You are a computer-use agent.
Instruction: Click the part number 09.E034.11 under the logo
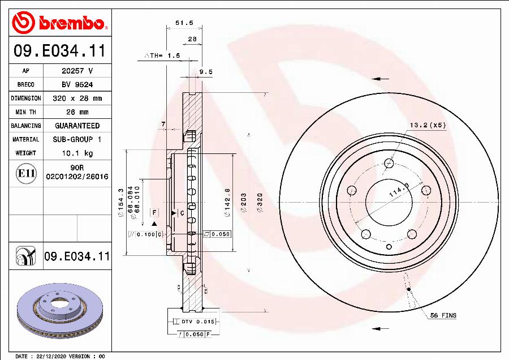[x=59, y=52]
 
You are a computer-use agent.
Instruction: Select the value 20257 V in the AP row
[x=77, y=71]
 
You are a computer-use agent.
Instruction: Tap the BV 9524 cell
[x=77, y=84]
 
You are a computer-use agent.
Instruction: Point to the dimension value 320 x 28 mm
[x=77, y=98]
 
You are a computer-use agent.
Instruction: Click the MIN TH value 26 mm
[x=77, y=112]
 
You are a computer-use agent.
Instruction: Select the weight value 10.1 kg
[x=77, y=153]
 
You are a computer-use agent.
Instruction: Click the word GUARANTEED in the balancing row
[x=77, y=126]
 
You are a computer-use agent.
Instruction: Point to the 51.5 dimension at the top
[x=184, y=23]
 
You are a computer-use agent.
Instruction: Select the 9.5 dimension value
[x=206, y=72]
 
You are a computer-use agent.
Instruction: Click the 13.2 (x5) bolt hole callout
[x=428, y=125]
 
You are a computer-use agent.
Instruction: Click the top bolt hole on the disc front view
[x=389, y=164]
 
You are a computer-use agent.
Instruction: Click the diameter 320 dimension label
[x=260, y=202]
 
